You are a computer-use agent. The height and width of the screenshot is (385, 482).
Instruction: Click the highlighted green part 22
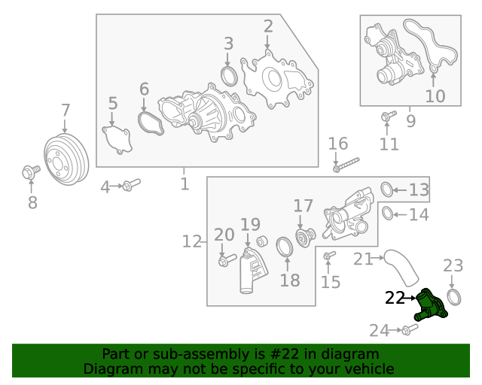(435, 309)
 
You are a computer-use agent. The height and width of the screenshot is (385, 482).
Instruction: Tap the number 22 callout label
(395, 299)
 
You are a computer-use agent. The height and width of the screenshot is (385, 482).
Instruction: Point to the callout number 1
(185, 183)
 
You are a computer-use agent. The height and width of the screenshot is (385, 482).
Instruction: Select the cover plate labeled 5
(117, 141)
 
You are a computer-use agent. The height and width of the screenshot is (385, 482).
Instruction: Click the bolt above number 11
(389, 116)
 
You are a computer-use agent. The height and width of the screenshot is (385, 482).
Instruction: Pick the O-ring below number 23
(454, 296)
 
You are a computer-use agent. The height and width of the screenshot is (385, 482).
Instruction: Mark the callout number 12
(192, 241)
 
